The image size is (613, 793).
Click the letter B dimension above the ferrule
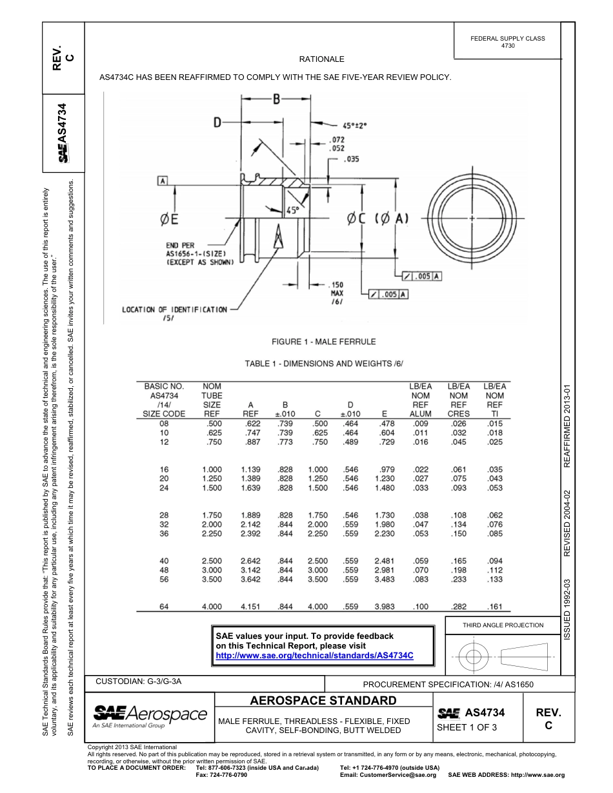276,99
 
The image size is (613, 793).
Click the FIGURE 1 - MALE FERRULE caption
324,342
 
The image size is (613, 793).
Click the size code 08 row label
164,422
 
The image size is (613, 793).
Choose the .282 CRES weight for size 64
458,607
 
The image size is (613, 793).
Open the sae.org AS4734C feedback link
314,654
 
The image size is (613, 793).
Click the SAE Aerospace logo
150,715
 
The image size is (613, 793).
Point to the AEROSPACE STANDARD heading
323,700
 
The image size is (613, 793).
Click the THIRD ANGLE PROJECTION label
503,625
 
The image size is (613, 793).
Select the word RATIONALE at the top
322,59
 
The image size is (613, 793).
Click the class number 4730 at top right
508,46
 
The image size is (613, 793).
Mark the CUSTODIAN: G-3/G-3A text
142,681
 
